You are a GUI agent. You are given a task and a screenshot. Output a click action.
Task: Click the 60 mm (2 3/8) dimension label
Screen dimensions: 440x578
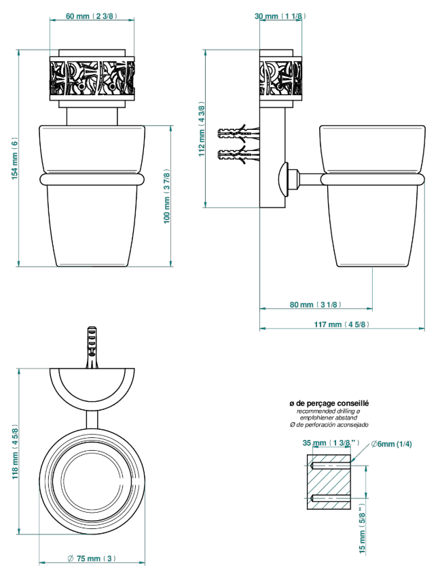(x=92, y=16)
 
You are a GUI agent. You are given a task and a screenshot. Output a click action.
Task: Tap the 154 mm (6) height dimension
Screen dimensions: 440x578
(x=14, y=159)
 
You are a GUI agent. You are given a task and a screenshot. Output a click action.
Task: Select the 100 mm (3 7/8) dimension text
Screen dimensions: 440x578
(x=167, y=197)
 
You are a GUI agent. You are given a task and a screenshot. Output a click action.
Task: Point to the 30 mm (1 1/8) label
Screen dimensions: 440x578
(x=280, y=16)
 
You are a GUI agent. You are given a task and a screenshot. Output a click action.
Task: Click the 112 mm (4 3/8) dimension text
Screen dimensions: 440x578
(x=202, y=129)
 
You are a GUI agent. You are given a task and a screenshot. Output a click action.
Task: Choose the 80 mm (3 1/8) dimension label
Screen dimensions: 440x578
(x=316, y=305)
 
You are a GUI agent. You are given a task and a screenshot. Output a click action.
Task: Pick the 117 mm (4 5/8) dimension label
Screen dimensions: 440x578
(x=342, y=324)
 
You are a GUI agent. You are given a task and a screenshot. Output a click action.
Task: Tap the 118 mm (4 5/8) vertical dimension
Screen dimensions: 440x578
(x=15, y=452)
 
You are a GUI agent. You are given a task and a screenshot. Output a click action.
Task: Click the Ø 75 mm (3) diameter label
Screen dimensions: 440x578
(x=92, y=558)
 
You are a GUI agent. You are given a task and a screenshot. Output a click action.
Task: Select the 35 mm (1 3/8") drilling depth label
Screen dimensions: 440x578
(x=331, y=443)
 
